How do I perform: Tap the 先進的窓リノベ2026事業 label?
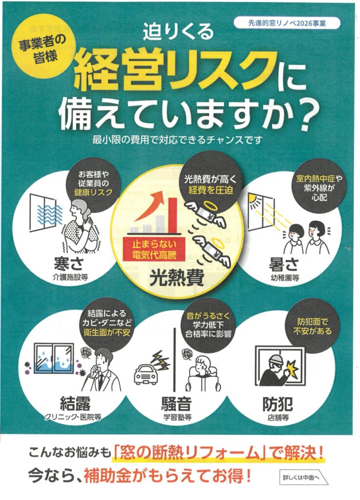(x=287, y=23)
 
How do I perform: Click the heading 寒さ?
(x=68, y=264)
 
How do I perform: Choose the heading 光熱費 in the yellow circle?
(x=177, y=277)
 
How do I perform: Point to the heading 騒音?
(x=176, y=404)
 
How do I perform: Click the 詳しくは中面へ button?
(x=303, y=477)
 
